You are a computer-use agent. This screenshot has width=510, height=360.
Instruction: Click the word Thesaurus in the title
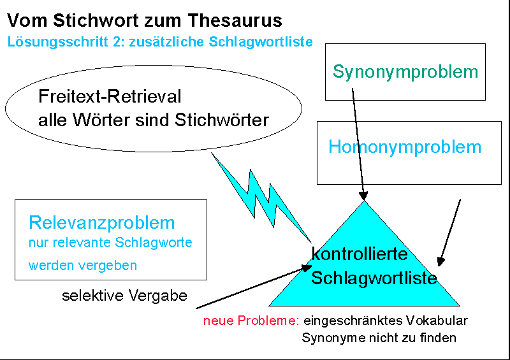(240, 20)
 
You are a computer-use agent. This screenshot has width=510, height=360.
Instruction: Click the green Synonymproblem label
(405, 71)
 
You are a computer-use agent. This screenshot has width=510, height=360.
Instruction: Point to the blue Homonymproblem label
(405, 147)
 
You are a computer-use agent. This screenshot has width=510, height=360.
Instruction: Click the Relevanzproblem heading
(102, 223)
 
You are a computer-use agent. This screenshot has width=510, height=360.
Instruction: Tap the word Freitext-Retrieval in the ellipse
(110, 97)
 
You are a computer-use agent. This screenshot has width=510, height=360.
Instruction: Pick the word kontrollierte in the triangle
(360, 254)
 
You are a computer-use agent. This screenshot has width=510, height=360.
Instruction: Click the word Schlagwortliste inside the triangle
(374, 278)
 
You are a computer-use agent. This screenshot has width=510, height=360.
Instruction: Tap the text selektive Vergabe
(124, 296)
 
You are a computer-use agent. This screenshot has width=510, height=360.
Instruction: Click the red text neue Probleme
(251, 320)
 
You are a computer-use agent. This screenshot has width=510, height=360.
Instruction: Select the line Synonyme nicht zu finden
(379, 338)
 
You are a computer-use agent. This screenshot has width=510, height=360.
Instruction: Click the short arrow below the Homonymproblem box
(449, 233)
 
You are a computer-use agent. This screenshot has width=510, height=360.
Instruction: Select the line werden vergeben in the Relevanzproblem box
(83, 265)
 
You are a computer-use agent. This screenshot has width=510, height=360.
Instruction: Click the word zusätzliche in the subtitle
(186, 43)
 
